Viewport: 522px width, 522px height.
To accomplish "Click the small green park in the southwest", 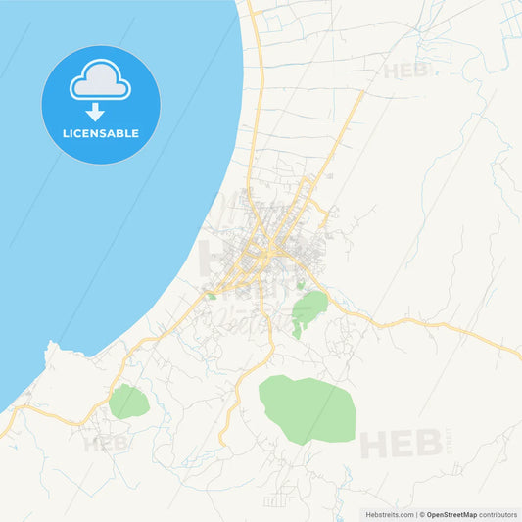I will click(x=128, y=402).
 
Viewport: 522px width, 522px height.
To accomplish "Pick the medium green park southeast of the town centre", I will click(x=309, y=308).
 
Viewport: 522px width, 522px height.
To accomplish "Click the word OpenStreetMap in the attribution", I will click(x=451, y=514).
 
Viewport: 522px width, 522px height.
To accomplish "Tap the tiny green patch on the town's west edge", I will click(x=212, y=296).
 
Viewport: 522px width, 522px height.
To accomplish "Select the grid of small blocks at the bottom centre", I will click(x=278, y=500).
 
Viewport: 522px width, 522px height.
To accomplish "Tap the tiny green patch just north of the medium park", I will click(x=300, y=286).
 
